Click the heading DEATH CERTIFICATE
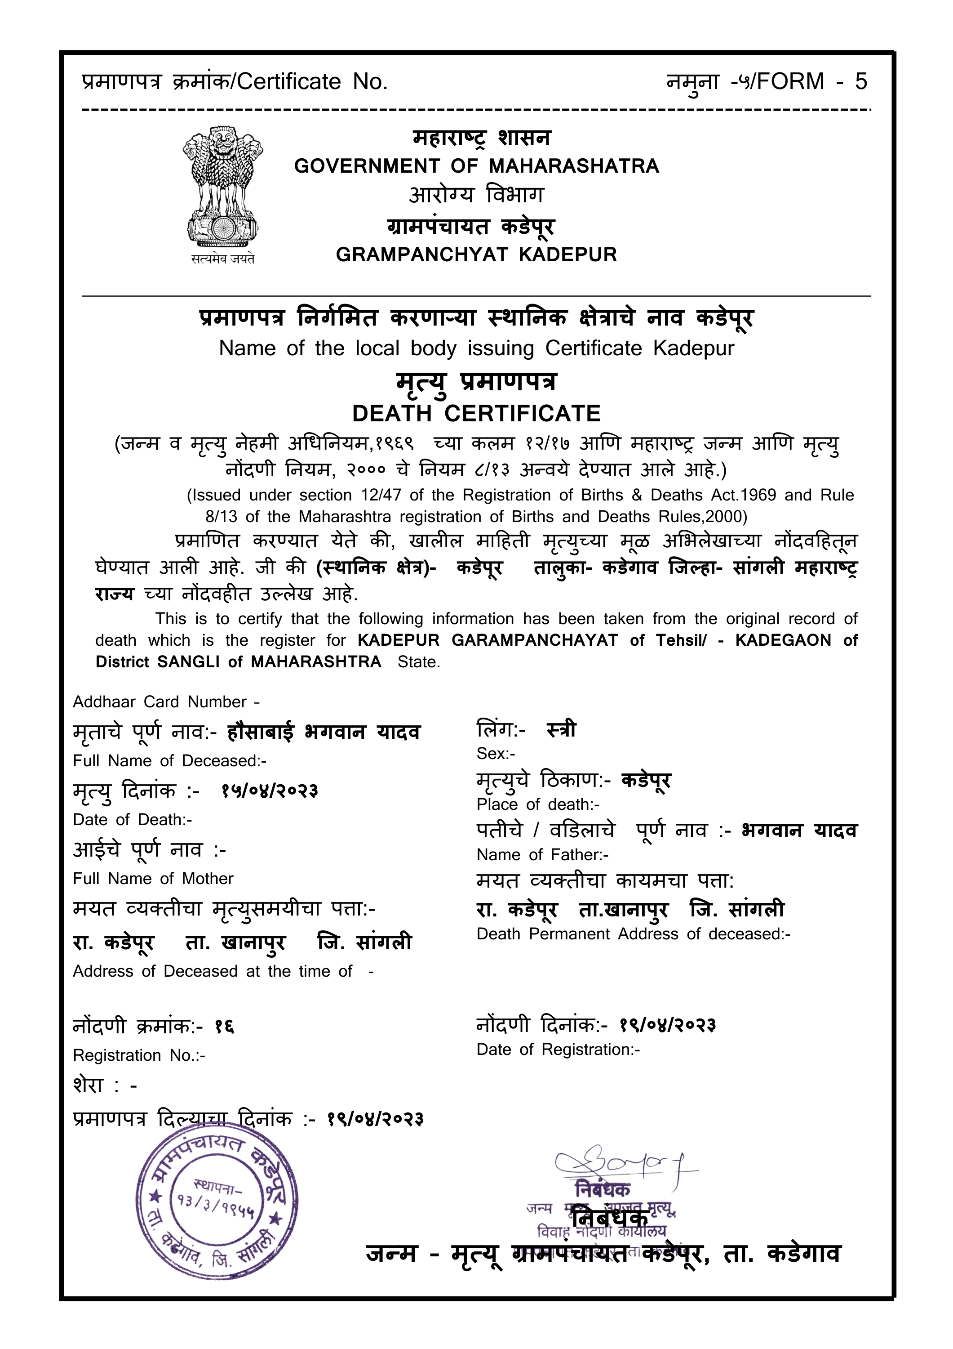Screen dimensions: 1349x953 pyautogui.click(x=476, y=414)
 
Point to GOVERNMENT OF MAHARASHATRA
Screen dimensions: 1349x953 pyautogui.click(x=476, y=166)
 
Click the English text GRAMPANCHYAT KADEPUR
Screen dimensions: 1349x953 pyautogui.click(x=476, y=255)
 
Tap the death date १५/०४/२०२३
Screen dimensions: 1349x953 pyautogui.click(x=270, y=791)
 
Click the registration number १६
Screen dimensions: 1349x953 pyautogui.click(x=224, y=1027)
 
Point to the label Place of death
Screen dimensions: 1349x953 pyautogui.click(x=537, y=804)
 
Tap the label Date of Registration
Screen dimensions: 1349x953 pyautogui.click(x=557, y=1050)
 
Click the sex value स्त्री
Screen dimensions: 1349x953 pyautogui.click(x=561, y=730)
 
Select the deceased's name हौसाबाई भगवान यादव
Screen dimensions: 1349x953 pyautogui.click(x=324, y=733)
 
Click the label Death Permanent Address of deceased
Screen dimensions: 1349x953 pyautogui.click(x=633, y=934)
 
